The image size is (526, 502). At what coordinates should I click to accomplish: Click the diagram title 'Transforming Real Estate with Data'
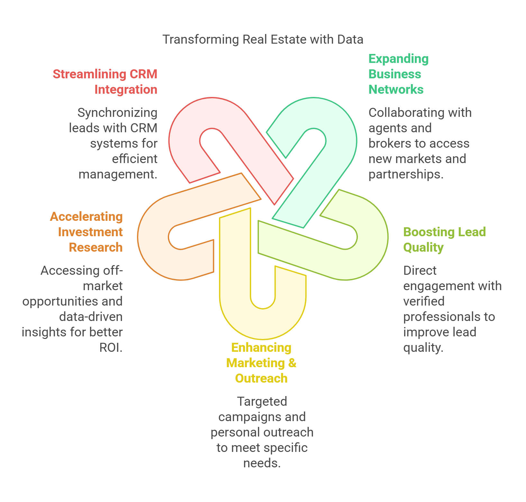263,39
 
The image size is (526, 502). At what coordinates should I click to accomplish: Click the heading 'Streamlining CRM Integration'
105,82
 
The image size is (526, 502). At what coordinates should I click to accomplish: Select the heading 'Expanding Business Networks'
398,74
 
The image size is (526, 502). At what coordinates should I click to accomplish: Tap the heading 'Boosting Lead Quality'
444,239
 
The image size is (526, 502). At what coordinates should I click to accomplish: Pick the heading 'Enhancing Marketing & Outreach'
261,363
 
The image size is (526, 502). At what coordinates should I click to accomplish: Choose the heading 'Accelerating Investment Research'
86,232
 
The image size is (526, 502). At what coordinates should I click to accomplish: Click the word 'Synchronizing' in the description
117,113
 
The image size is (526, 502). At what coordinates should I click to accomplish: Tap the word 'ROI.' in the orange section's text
111,348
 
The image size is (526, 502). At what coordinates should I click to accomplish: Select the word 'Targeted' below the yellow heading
262,402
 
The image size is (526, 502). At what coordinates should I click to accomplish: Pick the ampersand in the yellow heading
292,363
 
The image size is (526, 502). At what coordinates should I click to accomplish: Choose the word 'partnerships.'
406,174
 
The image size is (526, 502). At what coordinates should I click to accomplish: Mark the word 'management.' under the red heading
118,174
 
